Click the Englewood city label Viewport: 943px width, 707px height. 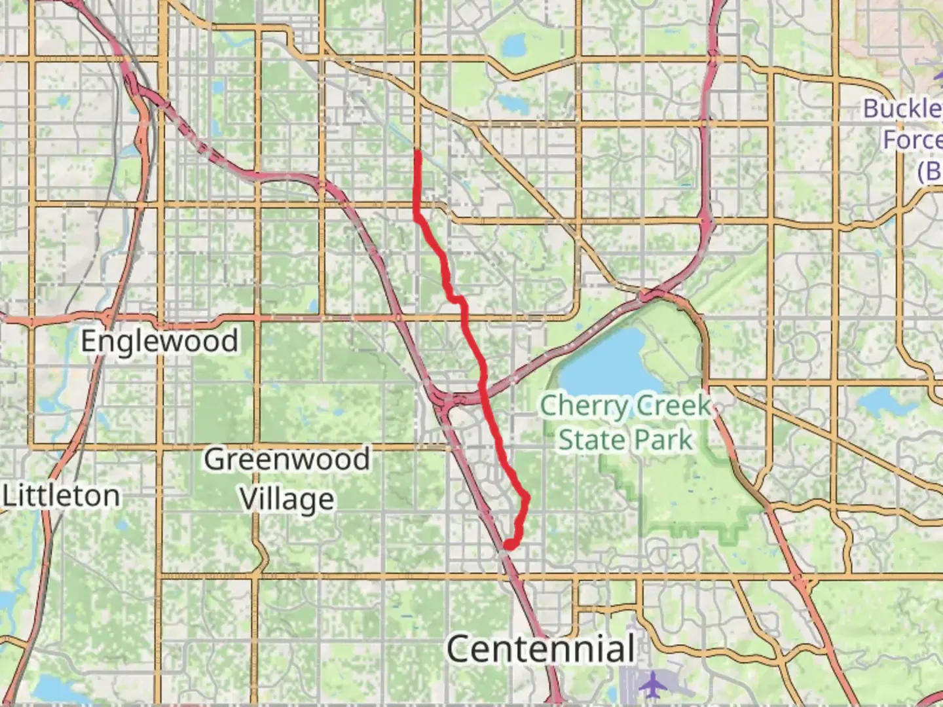pyautogui.click(x=159, y=341)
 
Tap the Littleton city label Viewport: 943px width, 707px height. pyautogui.click(x=62, y=496)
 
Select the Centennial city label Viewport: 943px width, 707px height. pyautogui.click(x=540, y=649)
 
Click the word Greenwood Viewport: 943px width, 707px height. pyautogui.click(x=287, y=459)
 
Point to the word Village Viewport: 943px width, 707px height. pyautogui.click(x=287, y=499)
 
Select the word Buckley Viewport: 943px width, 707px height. pyautogui.click(x=902, y=109)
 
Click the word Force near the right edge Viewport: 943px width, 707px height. pyautogui.click(x=912, y=139)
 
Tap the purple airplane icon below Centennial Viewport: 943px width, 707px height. pyautogui.click(x=652, y=685)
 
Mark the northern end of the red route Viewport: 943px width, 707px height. pyautogui.click(x=417, y=152)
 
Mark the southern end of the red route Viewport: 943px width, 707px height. pyautogui.click(x=508, y=545)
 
